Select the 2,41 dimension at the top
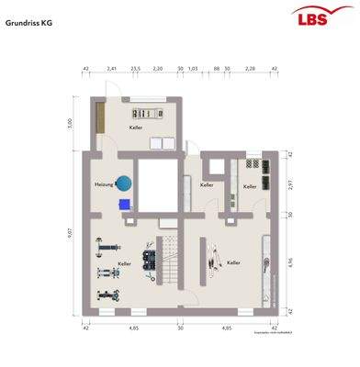(112, 69)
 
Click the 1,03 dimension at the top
(193, 69)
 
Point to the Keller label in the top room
(136, 128)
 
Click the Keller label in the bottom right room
(233, 262)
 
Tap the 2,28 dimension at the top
(249, 69)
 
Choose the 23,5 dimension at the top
(134, 69)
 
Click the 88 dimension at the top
(216, 69)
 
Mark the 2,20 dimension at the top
(157, 69)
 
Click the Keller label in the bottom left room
(124, 263)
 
